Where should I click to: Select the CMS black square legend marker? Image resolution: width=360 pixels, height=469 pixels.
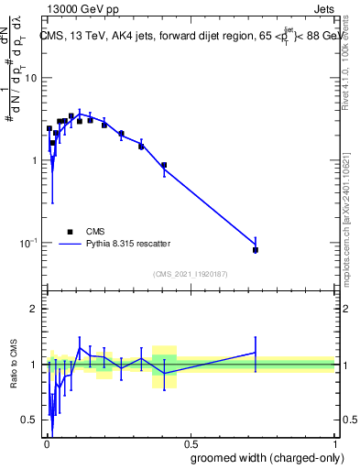[x=70, y=232]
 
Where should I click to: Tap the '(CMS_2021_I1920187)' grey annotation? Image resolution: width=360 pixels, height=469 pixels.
[x=190, y=274]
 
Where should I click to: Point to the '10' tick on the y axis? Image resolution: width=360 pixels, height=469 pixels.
[x=30, y=78]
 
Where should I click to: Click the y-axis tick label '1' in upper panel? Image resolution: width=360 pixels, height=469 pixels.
[x=34, y=160]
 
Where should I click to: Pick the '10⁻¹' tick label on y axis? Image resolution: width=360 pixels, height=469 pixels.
[x=27, y=243]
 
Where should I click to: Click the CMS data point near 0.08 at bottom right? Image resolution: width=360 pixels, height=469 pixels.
[x=256, y=250]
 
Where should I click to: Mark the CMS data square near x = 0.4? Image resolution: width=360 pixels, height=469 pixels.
[x=164, y=166]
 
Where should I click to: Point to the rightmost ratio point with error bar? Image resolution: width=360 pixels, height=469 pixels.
[x=256, y=352]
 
